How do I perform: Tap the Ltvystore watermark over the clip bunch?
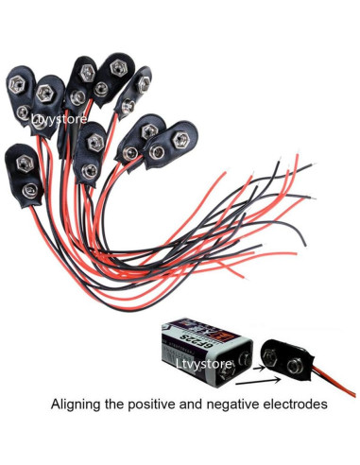59,119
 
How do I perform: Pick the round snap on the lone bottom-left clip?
31,189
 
